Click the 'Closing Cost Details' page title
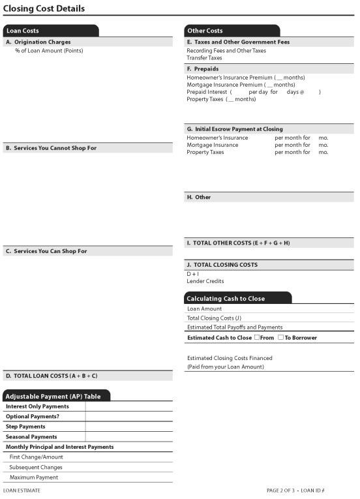(x=44, y=9)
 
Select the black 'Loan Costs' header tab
(x=23, y=31)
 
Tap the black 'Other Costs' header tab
(x=205, y=31)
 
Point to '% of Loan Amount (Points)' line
(x=49, y=51)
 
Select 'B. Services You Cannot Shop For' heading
(x=51, y=148)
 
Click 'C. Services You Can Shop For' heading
(x=46, y=251)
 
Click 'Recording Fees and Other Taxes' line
(x=226, y=50)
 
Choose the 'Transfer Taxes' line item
(x=204, y=58)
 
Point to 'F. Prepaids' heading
(x=202, y=68)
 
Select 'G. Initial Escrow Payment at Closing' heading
(x=235, y=129)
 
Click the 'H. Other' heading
(x=199, y=197)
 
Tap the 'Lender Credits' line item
(x=205, y=281)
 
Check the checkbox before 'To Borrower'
(x=280, y=337)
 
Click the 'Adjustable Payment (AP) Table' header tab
(x=53, y=396)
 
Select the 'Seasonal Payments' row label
(x=31, y=436)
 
